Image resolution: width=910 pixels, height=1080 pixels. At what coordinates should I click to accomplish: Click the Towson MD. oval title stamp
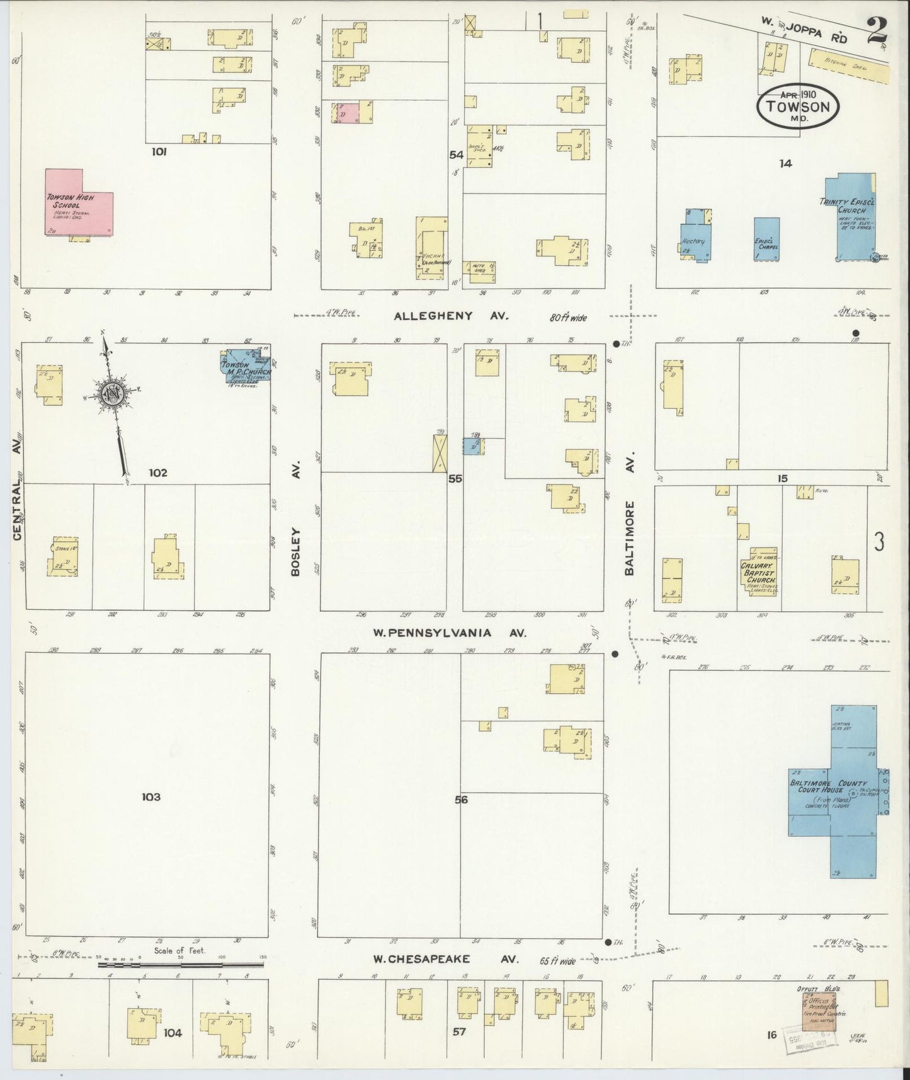click(798, 105)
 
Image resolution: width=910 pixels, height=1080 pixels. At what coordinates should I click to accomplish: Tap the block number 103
click(151, 797)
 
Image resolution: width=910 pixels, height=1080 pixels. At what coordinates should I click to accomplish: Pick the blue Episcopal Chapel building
click(766, 238)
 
